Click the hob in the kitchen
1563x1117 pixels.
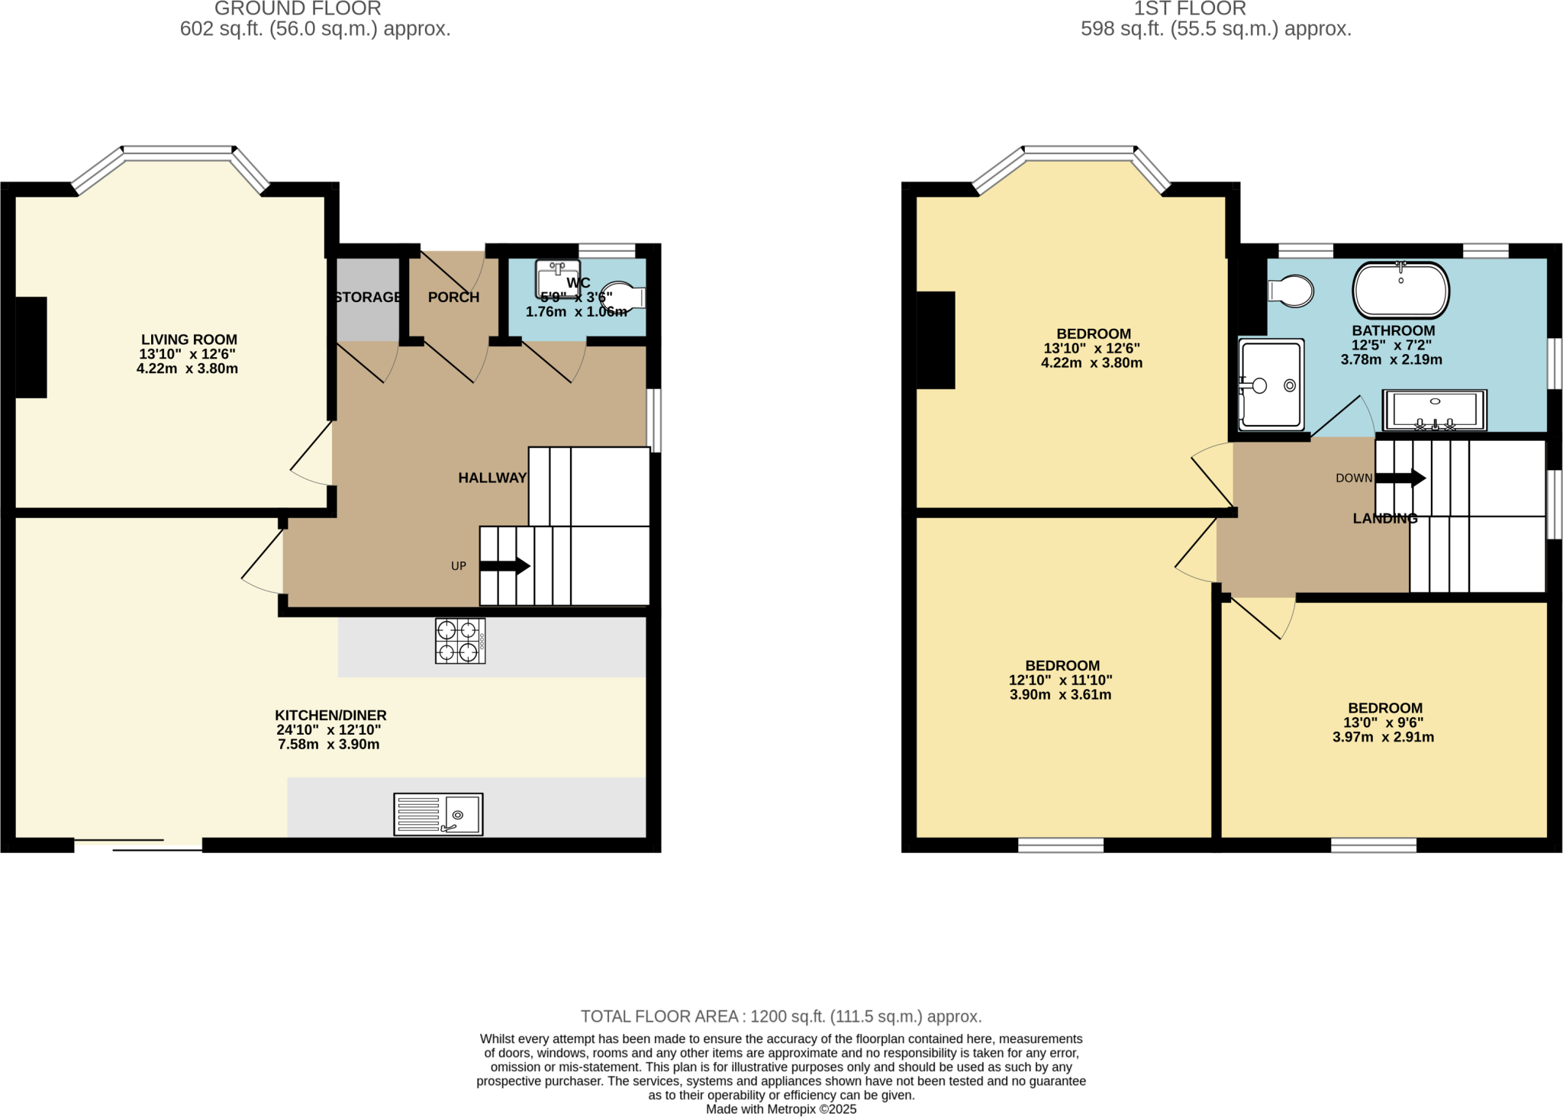click(460, 641)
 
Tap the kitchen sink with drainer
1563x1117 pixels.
click(438, 814)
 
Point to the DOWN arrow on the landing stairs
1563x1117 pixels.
click(1400, 478)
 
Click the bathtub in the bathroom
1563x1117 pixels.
click(1400, 291)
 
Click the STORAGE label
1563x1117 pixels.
click(368, 297)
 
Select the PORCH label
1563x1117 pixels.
click(453, 297)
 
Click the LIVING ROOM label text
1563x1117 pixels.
click(189, 340)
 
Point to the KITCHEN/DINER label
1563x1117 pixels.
click(330, 715)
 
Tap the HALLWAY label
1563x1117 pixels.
click(492, 478)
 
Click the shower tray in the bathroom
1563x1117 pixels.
click(1271, 385)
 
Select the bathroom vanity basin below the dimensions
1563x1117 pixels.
click(1435, 410)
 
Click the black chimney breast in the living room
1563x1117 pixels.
click(31, 347)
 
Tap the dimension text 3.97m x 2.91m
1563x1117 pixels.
click(1383, 737)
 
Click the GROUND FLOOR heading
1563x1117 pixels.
click(298, 9)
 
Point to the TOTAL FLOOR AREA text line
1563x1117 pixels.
click(781, 1016)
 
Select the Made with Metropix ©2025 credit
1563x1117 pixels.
click(781, 1109)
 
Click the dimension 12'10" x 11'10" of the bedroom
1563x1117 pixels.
click(1060, 680)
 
